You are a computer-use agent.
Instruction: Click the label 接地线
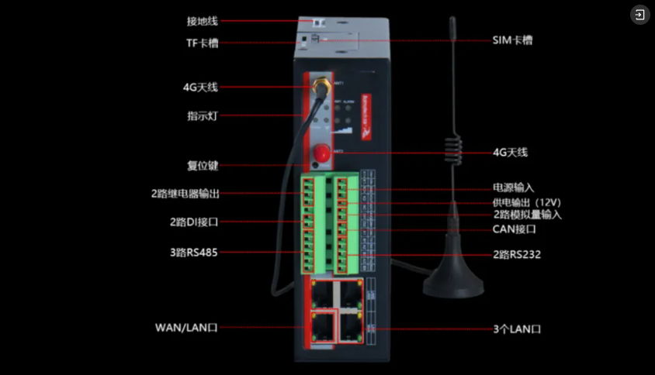tap(203, 21)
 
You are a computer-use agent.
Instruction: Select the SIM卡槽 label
tap(512, 40)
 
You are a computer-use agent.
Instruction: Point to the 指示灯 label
tap(202, 116)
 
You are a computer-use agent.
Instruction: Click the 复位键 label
tap(203, 166)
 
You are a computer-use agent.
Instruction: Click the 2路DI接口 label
tap(194, 222)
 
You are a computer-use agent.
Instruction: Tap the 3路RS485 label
tap(193, 253)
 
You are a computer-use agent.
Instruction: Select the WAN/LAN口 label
tap(186, 328)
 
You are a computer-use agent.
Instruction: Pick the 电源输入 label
tap(514, 187)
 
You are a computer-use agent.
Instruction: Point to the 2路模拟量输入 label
tap(527, 215)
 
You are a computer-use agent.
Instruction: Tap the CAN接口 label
tap(515, 229)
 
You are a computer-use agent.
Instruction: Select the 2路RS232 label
tap(516, 253)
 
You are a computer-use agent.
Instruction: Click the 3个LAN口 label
tap(517, 329)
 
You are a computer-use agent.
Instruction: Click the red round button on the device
tap(320, 153)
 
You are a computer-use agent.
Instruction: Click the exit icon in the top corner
tap(639, 15)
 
